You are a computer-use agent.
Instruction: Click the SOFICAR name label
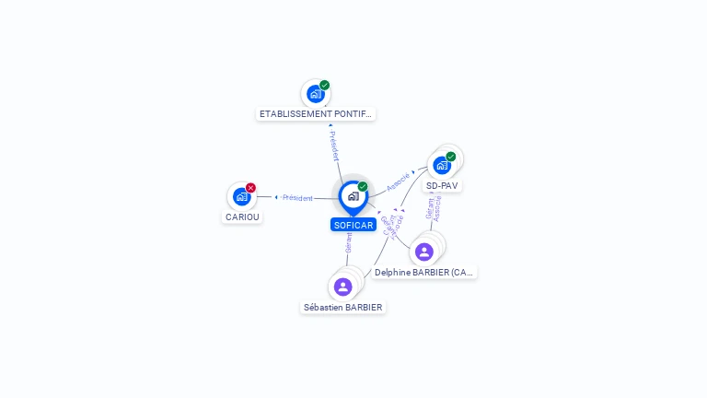tap(353, 225)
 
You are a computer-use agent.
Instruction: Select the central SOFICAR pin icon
tap(353, 196)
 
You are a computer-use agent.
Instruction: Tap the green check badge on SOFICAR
tap(363, 187)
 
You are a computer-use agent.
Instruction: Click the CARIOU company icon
tap(241, 196)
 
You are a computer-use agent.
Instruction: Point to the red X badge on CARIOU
tap(250, 188)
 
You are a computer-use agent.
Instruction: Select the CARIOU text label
tap(242, 217)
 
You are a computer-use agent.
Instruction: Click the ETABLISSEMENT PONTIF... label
tap(316, 114)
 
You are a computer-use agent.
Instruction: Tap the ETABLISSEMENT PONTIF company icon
tap(316, 93)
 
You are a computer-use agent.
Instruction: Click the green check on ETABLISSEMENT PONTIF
tap(325, 85)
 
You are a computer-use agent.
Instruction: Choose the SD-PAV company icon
tap(442, 165)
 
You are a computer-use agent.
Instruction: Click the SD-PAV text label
tap(443, 186)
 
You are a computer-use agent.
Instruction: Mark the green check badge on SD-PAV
tap(451, 157)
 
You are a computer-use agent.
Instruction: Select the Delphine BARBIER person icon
tap(424, 252)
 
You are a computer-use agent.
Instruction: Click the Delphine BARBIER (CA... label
tap(425, 273)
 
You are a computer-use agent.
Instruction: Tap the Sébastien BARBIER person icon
tap(343, 287)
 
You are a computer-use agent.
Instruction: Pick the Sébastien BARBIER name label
tap(343, 308)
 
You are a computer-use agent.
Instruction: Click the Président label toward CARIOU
tap(297, 198)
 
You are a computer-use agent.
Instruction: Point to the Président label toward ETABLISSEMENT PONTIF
tap(334, 146)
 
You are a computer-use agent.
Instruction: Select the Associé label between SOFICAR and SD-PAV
tap(398, 181)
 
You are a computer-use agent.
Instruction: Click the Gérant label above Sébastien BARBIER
tap(349, 242)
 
